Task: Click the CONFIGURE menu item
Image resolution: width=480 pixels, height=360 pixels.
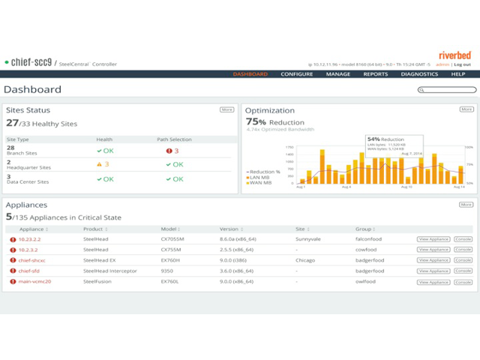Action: [297, 74]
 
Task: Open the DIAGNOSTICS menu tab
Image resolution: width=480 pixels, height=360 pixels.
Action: [419, 74]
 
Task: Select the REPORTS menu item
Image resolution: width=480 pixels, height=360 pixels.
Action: [376, 74]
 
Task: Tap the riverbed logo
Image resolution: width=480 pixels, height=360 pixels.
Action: [454, 55]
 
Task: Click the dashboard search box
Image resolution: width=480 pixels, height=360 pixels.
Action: [447, 90]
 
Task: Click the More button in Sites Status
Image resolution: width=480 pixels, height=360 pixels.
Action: [226, 109]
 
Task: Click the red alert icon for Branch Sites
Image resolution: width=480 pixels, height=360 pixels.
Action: [169, 151]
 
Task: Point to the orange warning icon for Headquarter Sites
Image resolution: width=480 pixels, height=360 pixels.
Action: [99, 164]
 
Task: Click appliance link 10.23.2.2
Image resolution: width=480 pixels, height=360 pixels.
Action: [29, 239]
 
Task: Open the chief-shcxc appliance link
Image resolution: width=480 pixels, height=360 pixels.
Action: [31, 260]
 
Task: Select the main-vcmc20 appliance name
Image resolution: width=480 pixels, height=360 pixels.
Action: [34, 281]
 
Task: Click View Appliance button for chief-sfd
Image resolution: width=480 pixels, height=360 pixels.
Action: [433, 271]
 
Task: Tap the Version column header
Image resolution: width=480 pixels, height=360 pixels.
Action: [229, 229]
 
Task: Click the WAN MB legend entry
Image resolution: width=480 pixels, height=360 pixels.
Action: [262, 183]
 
